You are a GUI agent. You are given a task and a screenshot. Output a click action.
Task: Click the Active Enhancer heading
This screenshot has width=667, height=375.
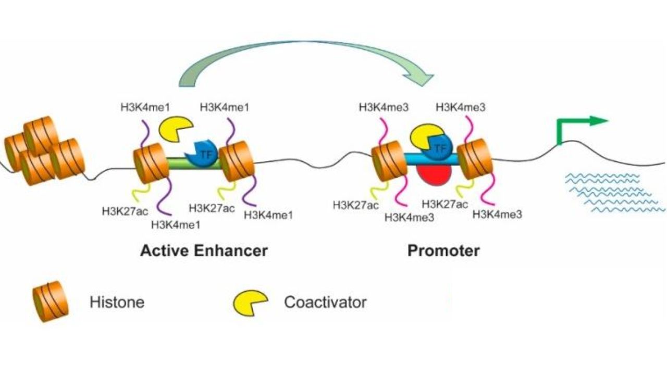[203, 251]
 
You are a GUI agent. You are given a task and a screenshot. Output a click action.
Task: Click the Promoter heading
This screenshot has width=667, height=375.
[443, 251]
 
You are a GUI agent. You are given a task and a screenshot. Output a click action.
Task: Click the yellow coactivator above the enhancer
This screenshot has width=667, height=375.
[175, 129]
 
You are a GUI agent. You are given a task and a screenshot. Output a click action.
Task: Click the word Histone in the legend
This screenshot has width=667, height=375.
[117, 302]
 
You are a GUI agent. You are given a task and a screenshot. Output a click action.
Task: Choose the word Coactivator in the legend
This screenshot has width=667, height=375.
[325, 302]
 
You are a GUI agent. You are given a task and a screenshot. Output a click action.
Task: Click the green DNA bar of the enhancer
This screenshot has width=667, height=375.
[180, 162]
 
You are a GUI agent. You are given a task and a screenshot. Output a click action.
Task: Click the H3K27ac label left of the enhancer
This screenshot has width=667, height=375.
[125, 211]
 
